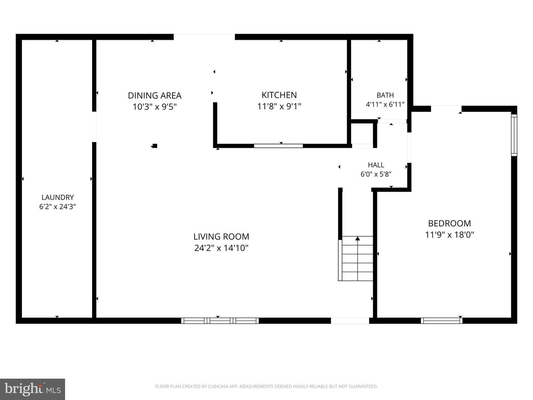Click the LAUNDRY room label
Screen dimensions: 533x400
click(x=57, y=197)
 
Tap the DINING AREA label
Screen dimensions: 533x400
click(x=155, y=96)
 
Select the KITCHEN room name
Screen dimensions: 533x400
click(x=279, y=95)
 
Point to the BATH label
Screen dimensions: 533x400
click(x=385, y=95)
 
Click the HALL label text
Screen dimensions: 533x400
click(x=376, y=165)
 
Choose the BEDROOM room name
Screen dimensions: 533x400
click(x=449, y=223)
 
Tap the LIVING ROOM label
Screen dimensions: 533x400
click(x=221, y=236)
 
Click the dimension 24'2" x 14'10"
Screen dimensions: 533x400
click(x=221, y=248)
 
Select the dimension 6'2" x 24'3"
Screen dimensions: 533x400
click(x=57, y=207)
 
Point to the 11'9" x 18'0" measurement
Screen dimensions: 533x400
click(x=449, y=235)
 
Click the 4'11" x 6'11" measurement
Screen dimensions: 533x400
click(x=385, y=104)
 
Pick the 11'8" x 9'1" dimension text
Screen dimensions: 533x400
click(x=279, y=106)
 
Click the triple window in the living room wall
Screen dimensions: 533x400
click(x=220, y=321)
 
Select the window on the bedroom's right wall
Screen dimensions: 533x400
click(x=514, y=135)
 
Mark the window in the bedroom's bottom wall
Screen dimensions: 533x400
click(x=442, y=321)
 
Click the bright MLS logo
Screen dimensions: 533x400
click(x=33, y=389)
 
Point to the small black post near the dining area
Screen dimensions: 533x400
click(x=154, y=146)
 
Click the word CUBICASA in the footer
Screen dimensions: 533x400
click(x=217, y=386)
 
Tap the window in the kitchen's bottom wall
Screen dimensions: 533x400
click(x=278, y=146)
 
